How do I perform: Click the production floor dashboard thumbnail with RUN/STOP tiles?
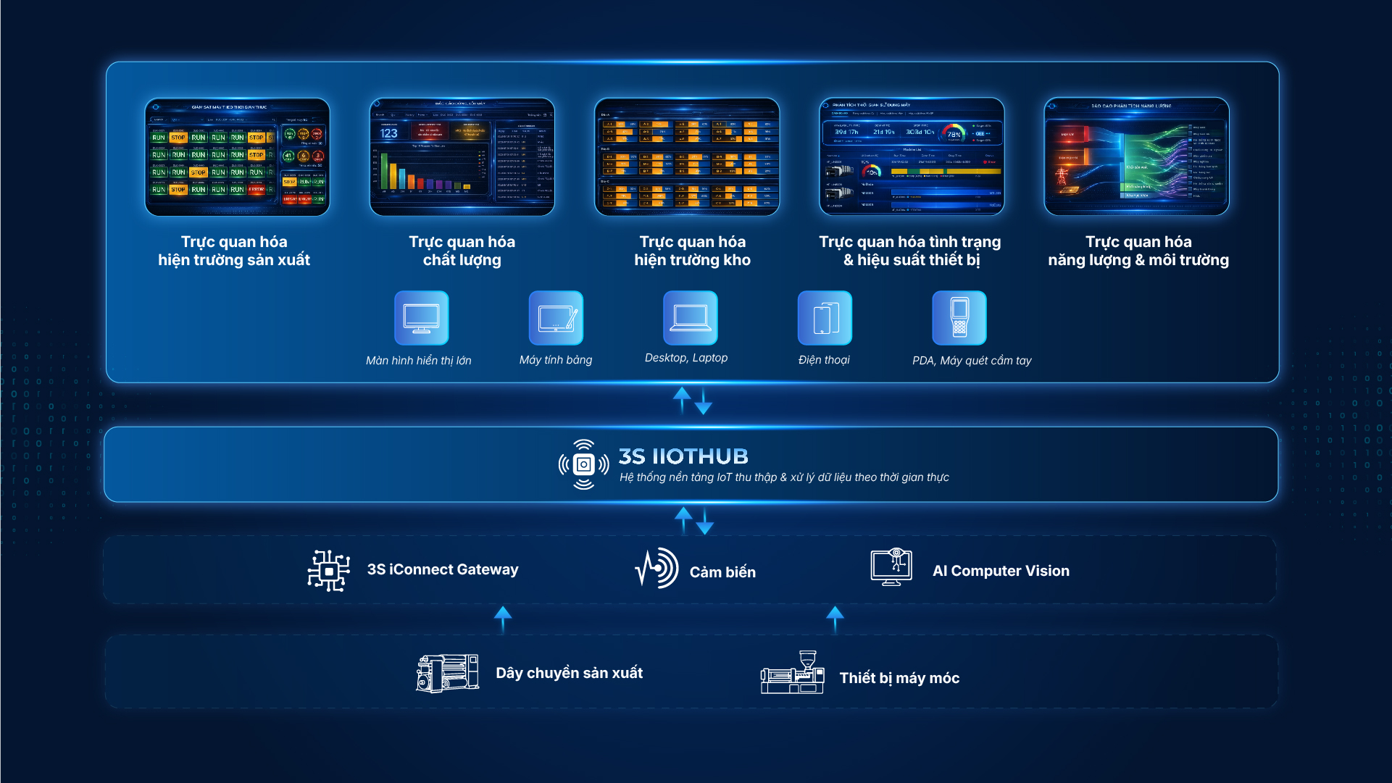pyautogui.click(x=237, y=157)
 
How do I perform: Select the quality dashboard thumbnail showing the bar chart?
pyautogui.click(x=462, y=157)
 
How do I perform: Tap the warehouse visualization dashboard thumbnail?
pyautogui.click(x=686, y=157)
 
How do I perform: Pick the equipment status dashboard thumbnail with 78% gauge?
pyautogui.click(x=911, y=157)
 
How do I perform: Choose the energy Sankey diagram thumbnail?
pyautogui.click(x=1135, y=157)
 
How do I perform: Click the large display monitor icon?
pyautogui.click(x=421, y=318)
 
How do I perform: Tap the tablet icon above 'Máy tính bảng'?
pyautogui.click(x=556, y=318)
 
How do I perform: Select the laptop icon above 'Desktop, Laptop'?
pyautogui.click(x=690, y=318)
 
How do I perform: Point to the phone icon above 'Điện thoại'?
pyautogui.click(x=825, y=318)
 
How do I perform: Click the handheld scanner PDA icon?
pyautogui.click(x=959, y=318)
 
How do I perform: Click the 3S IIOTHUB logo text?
pyautogui.click(x=683, y=456)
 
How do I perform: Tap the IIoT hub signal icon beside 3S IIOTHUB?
pyautogui.click(x=583, y=464)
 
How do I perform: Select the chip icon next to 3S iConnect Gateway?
pyautogui.click(x=329, y=570)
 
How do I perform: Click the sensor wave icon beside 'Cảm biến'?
pyautogui.click(x=657, y=569)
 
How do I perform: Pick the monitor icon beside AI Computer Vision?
pyautogui.click(x=891, y=567)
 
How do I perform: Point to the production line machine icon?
pyautogui.click(x=447, y=673)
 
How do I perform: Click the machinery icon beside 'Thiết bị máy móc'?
pyautogui.click(x=792, y=673)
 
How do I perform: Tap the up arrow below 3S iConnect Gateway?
pyautogui.click(x=503, y=618)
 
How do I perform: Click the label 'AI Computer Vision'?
pyautogui.click(x=1001, y=571)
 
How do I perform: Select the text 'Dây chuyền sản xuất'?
pyautogui.click(x=569, y=673)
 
